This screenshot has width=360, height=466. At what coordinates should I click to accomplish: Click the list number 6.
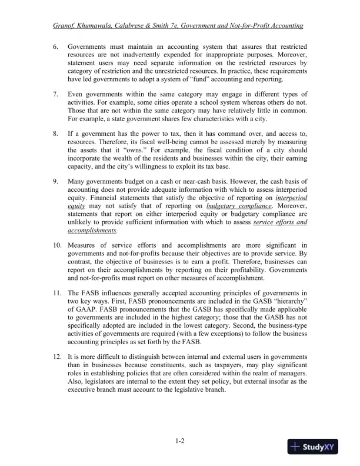[x=55, y=46]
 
